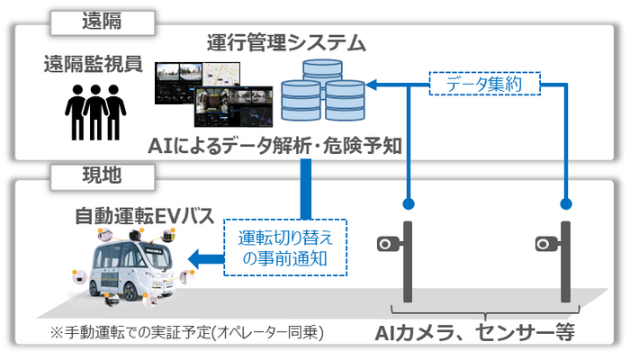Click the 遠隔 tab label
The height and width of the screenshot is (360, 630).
point(102,22)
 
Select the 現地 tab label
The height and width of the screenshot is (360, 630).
point(102,175)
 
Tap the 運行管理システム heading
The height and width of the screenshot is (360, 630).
point(286,42)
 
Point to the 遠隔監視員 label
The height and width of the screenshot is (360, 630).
point(94,64)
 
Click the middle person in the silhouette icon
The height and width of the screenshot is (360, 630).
point(95,112)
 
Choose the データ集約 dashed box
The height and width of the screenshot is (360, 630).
point(484,84)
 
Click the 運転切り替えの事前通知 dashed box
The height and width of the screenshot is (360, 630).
point(285,247)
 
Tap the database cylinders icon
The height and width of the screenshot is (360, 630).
point(323,90)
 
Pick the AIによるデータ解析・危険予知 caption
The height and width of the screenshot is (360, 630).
point(275,146)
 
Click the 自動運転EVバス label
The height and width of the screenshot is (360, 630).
point(145,216)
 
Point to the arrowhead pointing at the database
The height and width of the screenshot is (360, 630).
point(371,85)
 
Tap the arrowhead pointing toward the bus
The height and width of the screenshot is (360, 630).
point(194,259)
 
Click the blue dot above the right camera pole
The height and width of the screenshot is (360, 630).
point(566,203)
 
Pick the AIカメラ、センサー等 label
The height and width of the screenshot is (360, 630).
point(474,333)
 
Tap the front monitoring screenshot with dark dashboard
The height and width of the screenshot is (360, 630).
point(233,107)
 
